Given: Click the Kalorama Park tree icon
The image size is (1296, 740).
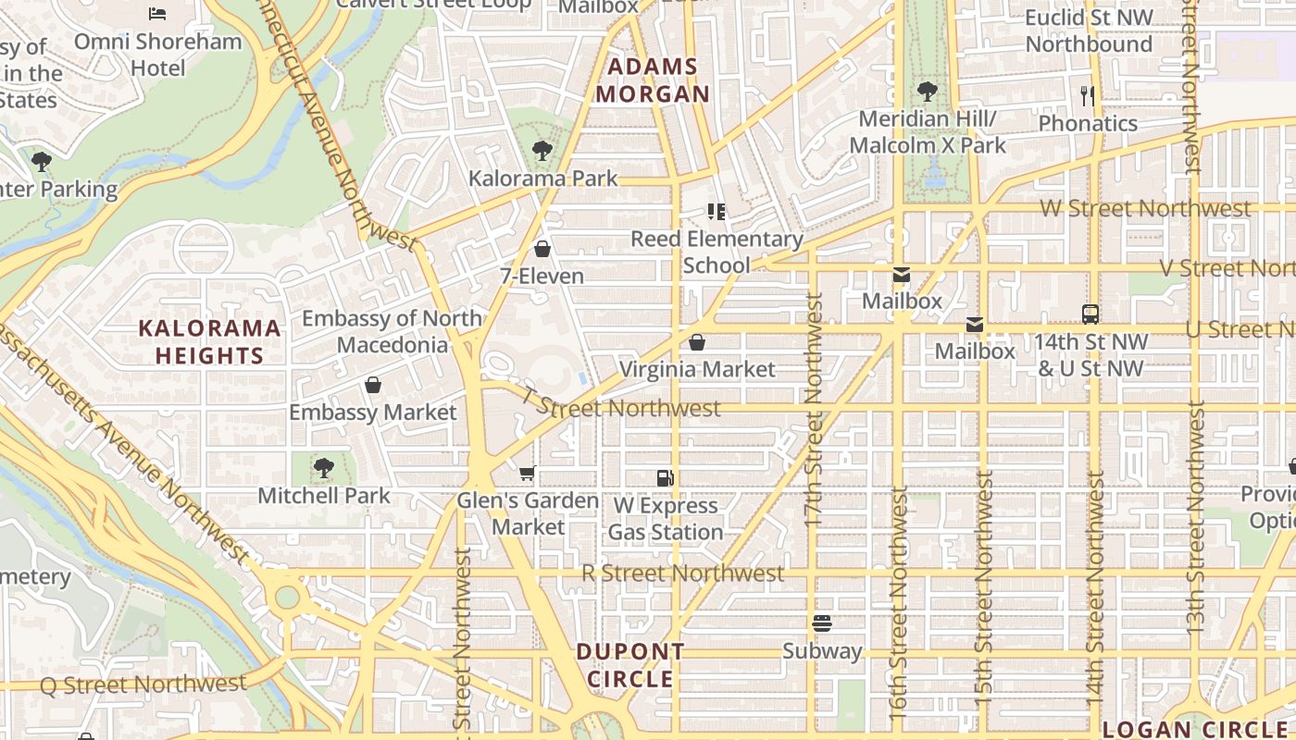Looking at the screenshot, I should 542,150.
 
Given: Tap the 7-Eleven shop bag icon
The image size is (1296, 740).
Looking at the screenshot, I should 542,248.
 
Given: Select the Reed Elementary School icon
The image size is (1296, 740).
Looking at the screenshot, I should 716,212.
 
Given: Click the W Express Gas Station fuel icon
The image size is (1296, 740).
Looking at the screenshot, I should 665,478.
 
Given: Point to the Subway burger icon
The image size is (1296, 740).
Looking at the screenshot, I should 822,623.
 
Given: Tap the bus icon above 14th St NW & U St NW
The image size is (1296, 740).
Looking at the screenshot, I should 1090,314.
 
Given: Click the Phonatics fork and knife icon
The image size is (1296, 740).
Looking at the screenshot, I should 1088,95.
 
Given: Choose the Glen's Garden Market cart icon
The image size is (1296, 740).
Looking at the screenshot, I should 527,474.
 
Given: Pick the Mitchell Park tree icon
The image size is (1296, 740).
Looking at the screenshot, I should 323,467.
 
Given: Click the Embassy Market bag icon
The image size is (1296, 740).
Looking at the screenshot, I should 373,384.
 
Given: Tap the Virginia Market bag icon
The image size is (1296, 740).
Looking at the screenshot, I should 697,342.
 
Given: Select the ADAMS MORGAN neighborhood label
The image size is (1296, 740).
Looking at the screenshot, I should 654,80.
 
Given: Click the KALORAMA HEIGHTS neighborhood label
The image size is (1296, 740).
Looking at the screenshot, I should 209,341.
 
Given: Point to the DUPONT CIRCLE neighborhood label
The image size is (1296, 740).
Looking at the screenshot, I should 630,665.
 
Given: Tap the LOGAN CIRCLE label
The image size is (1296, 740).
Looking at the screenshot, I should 1199,729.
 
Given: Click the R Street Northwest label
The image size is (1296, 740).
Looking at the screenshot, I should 682,573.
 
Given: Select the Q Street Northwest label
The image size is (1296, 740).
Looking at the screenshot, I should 143,684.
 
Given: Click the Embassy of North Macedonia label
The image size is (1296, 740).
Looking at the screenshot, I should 392,331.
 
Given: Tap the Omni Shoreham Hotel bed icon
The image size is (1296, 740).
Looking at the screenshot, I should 157,14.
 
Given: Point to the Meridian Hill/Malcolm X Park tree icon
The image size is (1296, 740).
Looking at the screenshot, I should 927,91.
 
